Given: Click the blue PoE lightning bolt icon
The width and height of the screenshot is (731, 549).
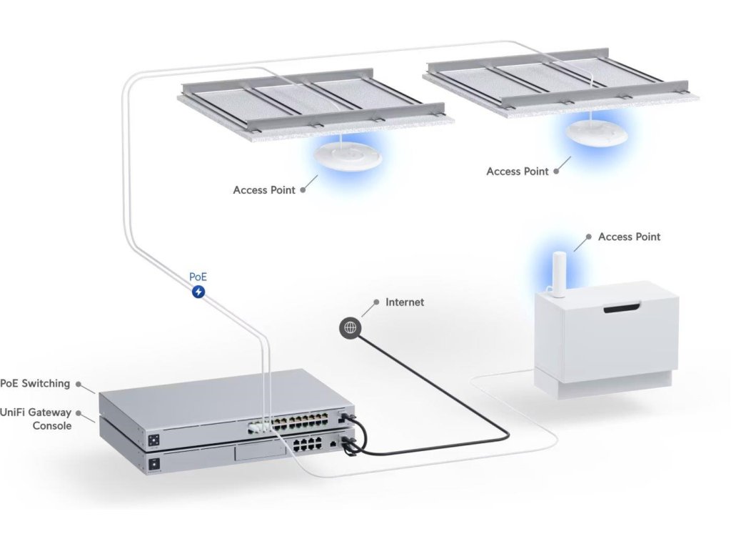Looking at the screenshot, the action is pyautogui.click(x=198, y=292).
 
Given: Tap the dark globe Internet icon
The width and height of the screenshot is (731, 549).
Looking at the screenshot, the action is pyautogui.click(x=350, y=327).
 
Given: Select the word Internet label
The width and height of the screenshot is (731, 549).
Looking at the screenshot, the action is pyautogui.click(x=405, y=302).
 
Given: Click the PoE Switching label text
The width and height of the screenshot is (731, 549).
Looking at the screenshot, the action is pyautogui.click(x=35, y=383).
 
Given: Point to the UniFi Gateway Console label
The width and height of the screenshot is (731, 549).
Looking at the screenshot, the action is pyautogui.click(x=36, y=419).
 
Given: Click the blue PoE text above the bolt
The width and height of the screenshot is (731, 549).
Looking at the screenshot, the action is pyautogui.click(x=198, y=277).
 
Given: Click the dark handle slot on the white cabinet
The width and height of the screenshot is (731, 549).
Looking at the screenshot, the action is pyautogui.click(x=622, y=308).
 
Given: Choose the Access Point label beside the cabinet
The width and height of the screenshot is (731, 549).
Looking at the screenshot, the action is pyautogui.click(x=630, y=237).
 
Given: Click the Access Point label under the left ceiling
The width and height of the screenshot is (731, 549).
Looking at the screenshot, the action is pyautogui.click(x=264, y=190).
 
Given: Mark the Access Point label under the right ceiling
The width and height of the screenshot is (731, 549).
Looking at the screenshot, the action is pyautogui.click(x=518, y=172).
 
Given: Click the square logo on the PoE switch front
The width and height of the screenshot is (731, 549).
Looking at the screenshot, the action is pyautogui.click(x=154, y=440).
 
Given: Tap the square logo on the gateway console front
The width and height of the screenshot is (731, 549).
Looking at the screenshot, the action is pyautogui.click(x=154, y=464).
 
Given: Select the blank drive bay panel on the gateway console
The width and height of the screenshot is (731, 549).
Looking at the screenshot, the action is pyautogui.click(x=260, y=452).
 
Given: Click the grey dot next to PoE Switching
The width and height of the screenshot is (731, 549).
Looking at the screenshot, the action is pyautogui.click(x=79, y=384).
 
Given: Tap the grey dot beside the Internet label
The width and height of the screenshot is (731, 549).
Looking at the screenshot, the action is pyautogui.click(x=376, y=302).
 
